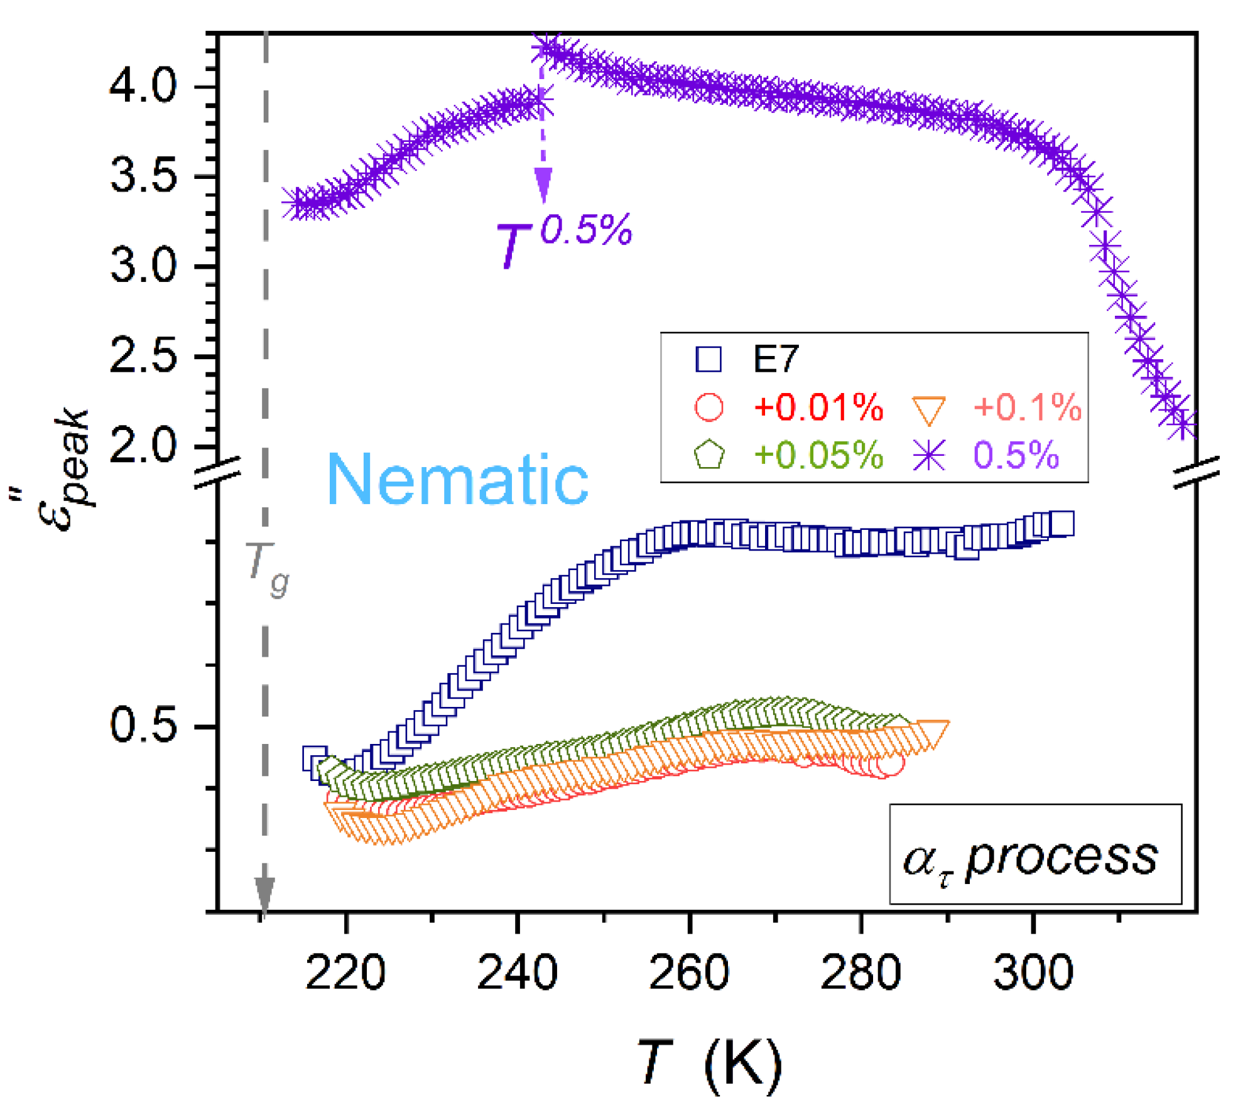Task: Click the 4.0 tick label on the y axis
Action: point(143,86)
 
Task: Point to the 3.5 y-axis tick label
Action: point(143,176)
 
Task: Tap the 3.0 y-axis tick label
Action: point(143,266)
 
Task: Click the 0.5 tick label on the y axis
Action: point(143,726)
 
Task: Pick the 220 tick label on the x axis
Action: point(345,972)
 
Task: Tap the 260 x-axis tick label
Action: point(689,972)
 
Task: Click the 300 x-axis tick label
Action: point(1033,972)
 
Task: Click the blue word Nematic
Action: point(457,480)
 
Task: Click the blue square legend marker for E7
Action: point(709,359)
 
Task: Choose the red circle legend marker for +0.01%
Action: point(709,407)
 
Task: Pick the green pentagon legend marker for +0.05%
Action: point(709,455)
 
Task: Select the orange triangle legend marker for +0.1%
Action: point(929,409)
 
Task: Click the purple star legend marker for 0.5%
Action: point(929,455)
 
